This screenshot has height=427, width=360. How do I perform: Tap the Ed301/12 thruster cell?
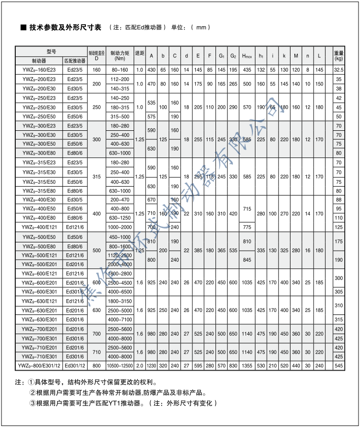[x=76, y=365]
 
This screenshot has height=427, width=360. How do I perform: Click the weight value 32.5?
[x=338, y=70]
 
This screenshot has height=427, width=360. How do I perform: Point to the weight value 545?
[x=338, y=365]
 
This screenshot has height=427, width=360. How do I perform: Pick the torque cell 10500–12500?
[x=120, y=365]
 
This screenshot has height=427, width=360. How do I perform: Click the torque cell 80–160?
[x=120, y=70]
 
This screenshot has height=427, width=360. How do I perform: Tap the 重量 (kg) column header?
[x=338, y=55]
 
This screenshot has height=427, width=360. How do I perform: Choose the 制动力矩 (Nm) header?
[x=120, y=55]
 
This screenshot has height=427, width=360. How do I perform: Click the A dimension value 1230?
[x=152, y=365]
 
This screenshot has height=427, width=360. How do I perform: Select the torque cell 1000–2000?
[x=120, y=227]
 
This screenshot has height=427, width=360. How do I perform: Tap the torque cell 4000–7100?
[x=120, y=319]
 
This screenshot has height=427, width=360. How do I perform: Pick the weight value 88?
[x=338, y=199]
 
